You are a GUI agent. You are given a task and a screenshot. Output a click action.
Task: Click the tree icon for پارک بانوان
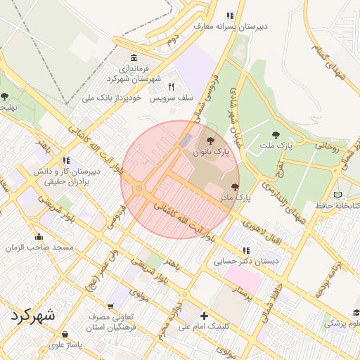[x=212, y=141]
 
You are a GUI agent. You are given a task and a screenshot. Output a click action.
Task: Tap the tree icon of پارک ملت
[x=274, y=134]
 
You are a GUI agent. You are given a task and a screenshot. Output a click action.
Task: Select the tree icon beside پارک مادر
[x=235, y=188]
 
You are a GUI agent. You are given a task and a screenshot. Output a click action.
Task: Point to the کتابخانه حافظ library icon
[x=340, y=194]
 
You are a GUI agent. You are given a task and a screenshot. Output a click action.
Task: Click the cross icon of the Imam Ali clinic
[x=204, y=315]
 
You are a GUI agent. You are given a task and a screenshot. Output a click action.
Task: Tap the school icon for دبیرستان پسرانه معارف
[x=229, y=15]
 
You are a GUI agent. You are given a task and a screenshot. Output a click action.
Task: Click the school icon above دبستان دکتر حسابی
[x=245, y=250]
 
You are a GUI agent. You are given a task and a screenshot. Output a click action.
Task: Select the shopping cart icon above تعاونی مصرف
[x=111, y=307]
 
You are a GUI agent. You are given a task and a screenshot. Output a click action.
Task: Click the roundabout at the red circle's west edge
[x=139, y=188]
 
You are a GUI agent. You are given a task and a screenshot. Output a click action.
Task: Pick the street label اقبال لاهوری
[x=262, y=234]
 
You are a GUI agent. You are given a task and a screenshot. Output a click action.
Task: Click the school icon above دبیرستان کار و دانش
[x=66, y=160]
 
